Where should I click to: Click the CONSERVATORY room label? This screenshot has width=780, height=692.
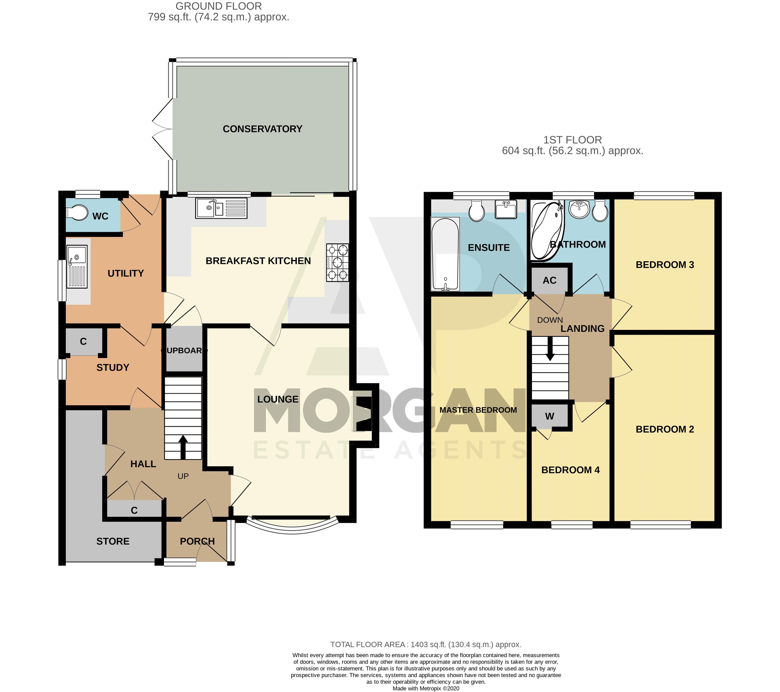pyautogui.click(x=263, y=129)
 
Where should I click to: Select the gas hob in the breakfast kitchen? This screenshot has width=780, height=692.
pyautogui.click(x=337, y=263)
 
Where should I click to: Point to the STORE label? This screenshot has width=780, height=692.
pyautogui.click(x=113, y=541)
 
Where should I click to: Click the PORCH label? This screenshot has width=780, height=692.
pyautogui.click(x=197, y=541)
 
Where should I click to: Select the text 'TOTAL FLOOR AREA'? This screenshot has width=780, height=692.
pyautogui.click(x=367, y=645)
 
